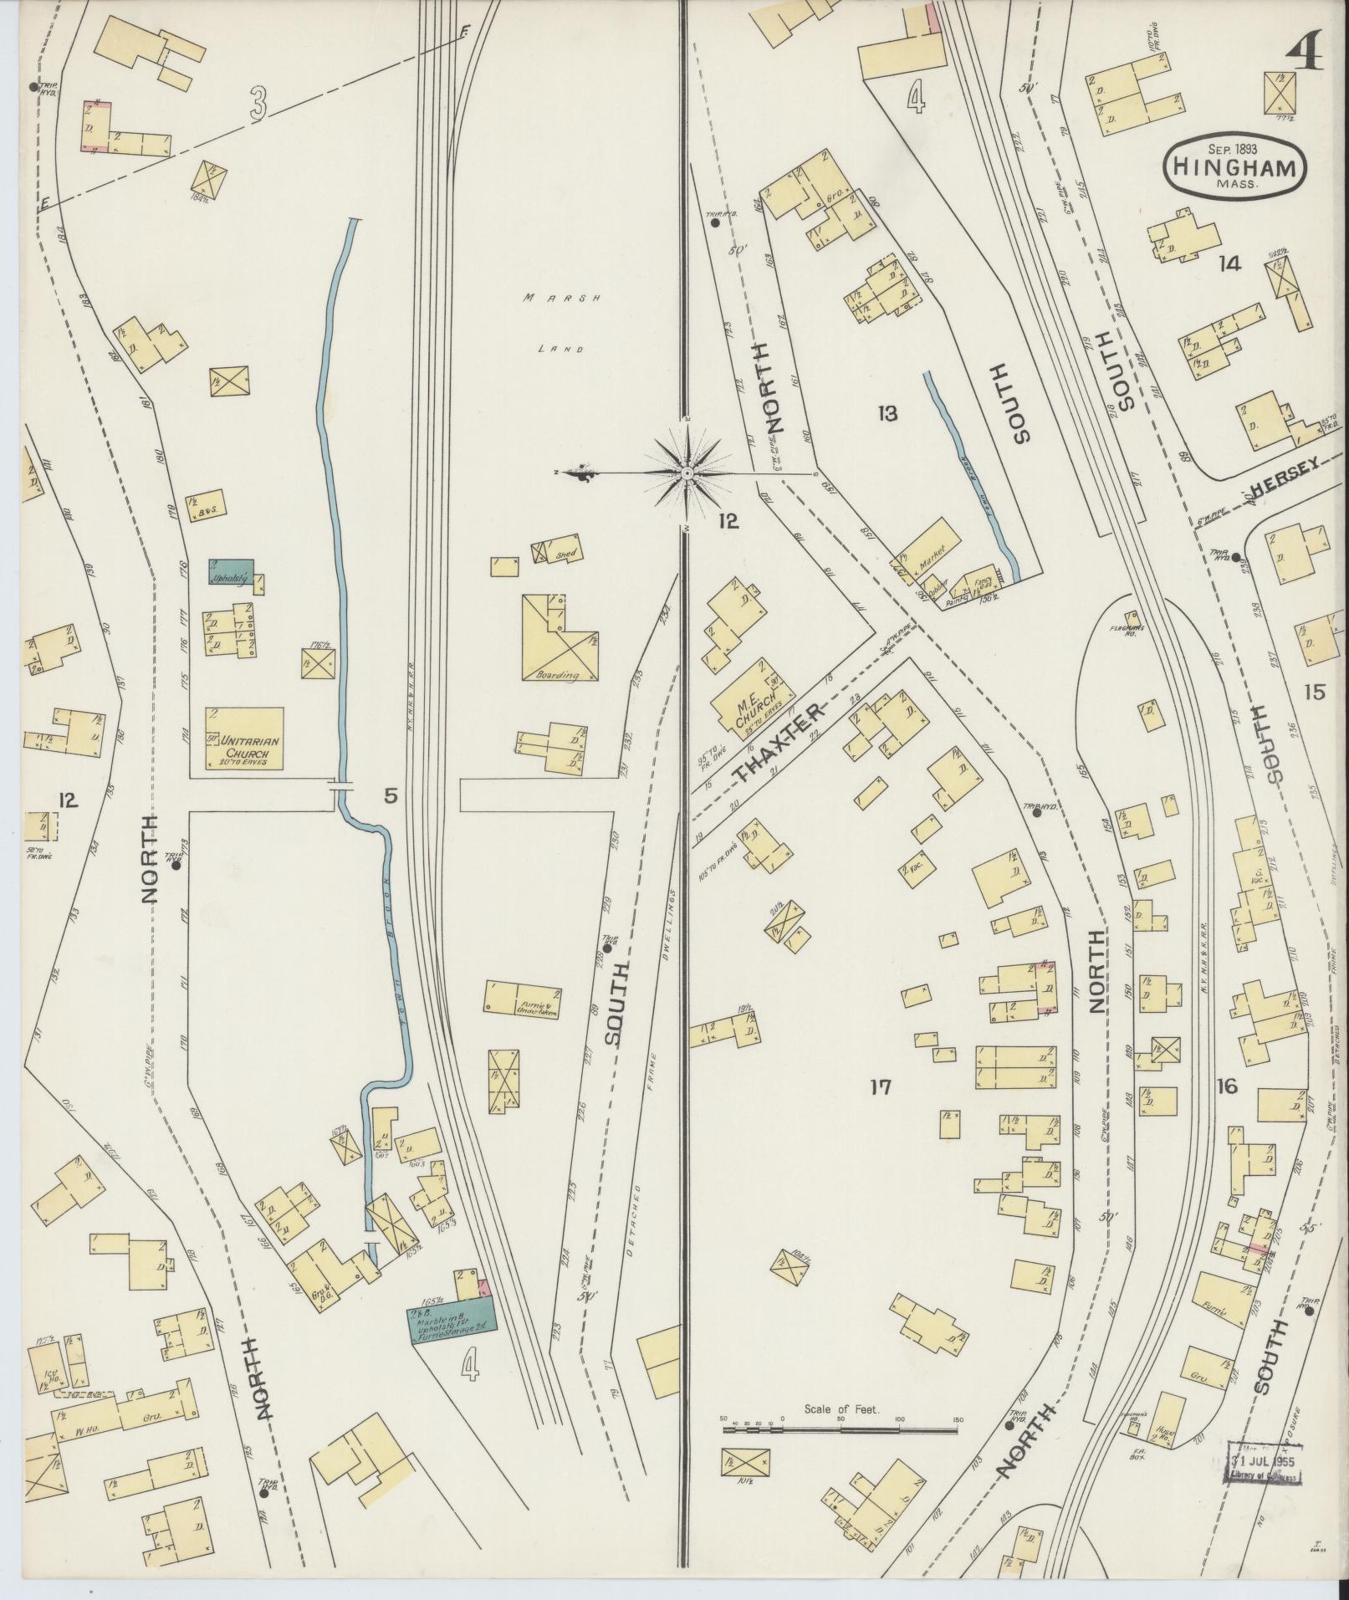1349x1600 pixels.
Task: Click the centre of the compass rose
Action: pos(686,473)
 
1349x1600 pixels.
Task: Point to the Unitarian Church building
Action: pos(245,738)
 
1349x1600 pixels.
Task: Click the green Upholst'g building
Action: pos(231,571)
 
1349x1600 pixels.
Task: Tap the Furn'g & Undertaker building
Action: pos(523,1000)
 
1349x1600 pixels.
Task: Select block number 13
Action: pos(887,412)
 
